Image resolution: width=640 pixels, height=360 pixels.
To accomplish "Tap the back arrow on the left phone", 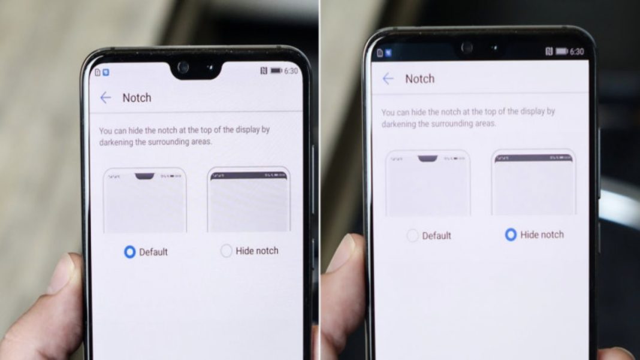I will pos(105,98).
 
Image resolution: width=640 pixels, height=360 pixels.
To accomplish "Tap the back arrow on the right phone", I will pos(388,78).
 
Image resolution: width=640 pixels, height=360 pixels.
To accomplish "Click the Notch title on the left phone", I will pos(137,98).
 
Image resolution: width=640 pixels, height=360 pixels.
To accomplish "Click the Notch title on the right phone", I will pos(419,78).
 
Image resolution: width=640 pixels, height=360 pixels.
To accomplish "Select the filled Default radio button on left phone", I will pos(129,252).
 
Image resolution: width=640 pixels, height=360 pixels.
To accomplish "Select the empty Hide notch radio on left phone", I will pos(226,251).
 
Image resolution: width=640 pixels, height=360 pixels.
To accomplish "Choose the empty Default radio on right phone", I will pos(412,235).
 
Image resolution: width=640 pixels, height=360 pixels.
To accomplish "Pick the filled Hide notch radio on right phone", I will pos(511,235).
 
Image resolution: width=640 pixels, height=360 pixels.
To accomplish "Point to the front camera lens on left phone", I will pos(183,66).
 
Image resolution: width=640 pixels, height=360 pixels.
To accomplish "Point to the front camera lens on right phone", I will pos(467,47).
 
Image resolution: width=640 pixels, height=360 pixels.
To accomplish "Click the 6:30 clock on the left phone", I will pos(291,71).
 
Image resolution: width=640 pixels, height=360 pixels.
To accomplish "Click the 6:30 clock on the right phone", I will pos(576,52).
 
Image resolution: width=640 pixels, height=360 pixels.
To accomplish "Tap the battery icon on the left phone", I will pos(276,71).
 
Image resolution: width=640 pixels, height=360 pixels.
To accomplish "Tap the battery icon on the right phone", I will pos(561,52).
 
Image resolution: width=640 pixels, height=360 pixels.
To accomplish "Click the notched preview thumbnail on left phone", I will pos(145,201).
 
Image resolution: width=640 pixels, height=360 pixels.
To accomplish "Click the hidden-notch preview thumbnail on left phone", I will pos(249,201).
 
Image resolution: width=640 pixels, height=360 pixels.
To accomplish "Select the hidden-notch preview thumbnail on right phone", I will pos(533,183).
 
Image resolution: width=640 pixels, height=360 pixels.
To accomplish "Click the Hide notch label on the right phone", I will pos(542,235).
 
